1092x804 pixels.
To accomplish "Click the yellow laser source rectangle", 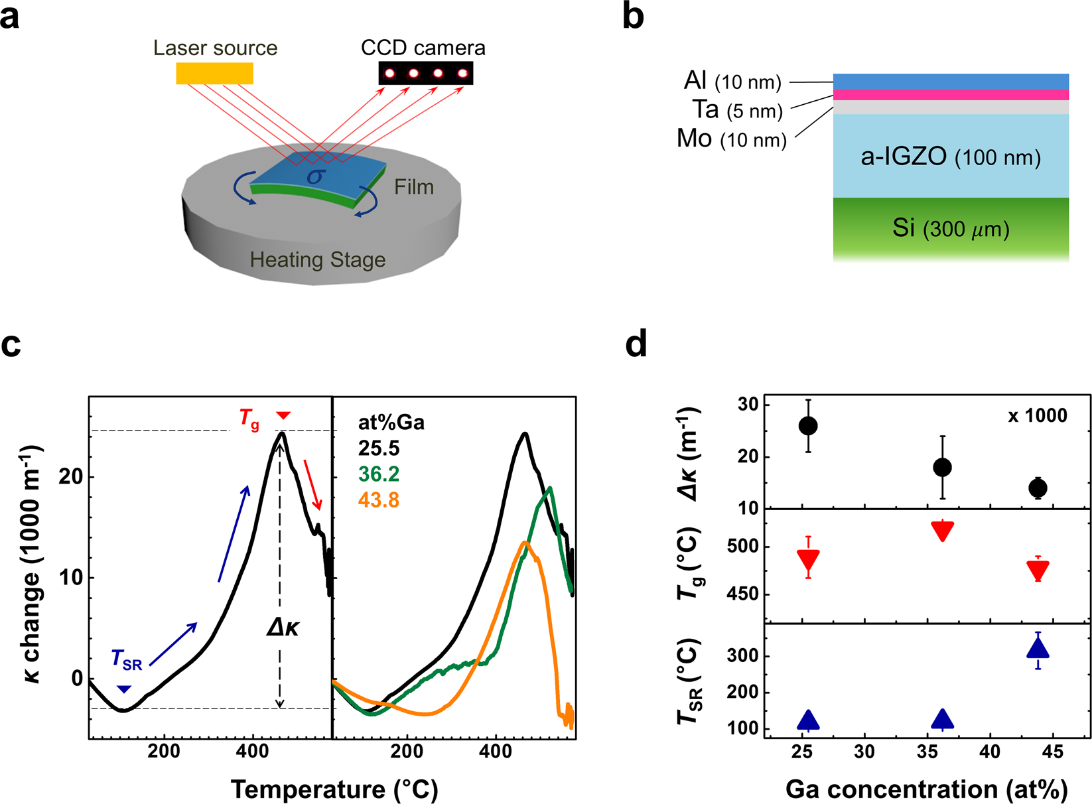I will point(214,74).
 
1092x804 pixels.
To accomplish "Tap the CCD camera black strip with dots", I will point(425,73).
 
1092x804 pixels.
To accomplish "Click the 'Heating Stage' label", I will point(317,260).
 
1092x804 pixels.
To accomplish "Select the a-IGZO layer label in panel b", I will point(950,157).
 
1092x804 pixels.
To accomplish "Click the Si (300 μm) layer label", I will point(950,229).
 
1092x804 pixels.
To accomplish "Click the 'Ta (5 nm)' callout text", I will point(737,110).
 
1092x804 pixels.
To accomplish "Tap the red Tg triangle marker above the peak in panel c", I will point(283,415).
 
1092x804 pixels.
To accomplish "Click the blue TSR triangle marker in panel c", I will point(123,689).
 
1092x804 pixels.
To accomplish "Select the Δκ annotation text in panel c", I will point(283,627).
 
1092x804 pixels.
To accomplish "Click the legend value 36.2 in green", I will point(379,474).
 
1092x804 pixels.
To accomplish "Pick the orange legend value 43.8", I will point(379,500).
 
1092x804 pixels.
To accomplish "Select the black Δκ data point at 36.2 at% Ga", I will point(942,468).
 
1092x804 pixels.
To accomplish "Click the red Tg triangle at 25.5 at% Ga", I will point(808,559).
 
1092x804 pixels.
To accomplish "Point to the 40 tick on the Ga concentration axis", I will point(990,752).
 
